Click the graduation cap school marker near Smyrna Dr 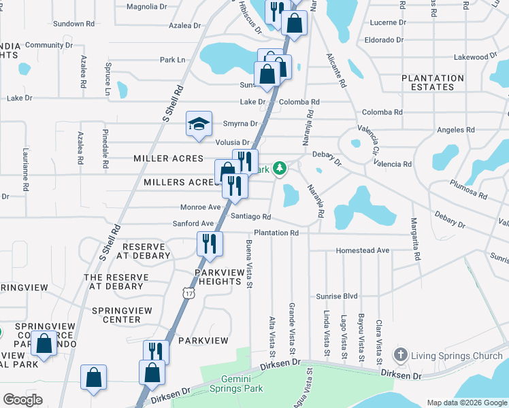[x=199, y=124]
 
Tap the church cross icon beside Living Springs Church [x=401, y=355]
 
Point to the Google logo [x=22, y=400]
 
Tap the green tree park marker [x=279, y=167]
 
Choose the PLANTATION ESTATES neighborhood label [x=432, y=82]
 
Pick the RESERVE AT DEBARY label [x=143, y=251]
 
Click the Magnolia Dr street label [x=147, y=7]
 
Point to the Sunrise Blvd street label [x=336, y=296]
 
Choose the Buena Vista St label [x=249, y=264]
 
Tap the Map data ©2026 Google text [x=466, y=403]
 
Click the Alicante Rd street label [x=337, y=71]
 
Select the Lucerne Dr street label [x=388, y=22]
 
